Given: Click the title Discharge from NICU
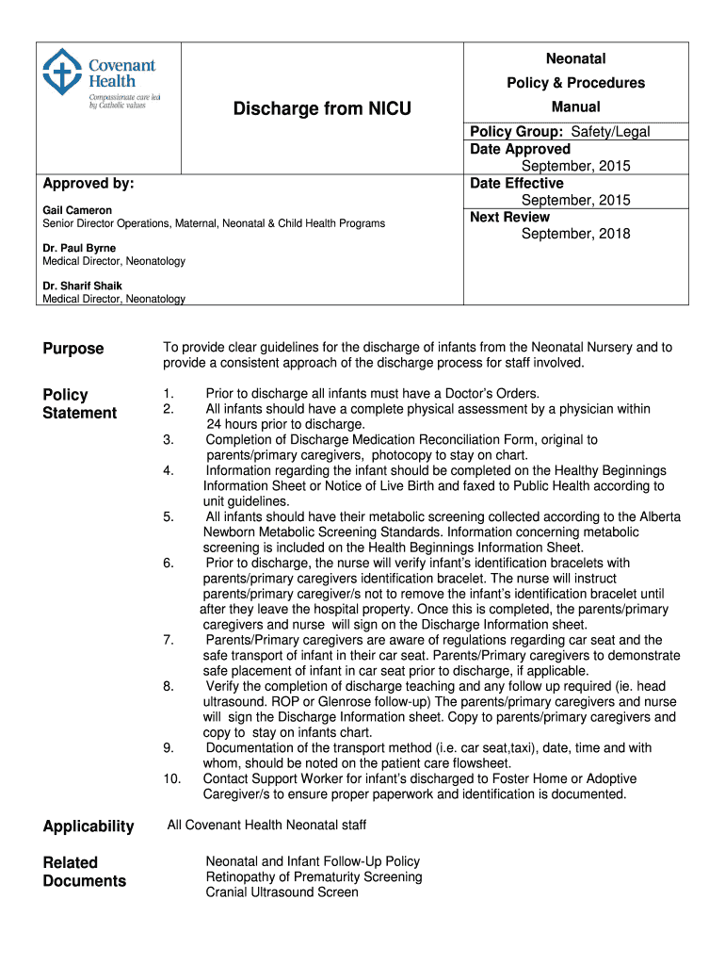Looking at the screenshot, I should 322,108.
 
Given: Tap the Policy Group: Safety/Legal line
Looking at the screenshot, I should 560,132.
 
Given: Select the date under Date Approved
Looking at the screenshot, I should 575,166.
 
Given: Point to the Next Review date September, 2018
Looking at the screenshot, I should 575,234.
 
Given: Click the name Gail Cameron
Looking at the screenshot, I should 77,210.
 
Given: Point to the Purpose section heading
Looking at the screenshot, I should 73,349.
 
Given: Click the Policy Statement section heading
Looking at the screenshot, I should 79,403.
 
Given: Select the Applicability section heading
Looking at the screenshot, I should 89,826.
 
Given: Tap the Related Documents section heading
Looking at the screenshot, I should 84,872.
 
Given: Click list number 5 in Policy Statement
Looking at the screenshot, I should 168,517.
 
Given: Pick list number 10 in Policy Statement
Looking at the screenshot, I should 170,778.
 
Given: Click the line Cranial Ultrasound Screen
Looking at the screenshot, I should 282,892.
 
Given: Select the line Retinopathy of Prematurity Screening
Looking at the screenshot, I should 314,877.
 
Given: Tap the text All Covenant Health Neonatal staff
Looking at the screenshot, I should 266,826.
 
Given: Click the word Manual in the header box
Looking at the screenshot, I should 575,107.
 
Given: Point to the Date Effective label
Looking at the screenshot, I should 517,183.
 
